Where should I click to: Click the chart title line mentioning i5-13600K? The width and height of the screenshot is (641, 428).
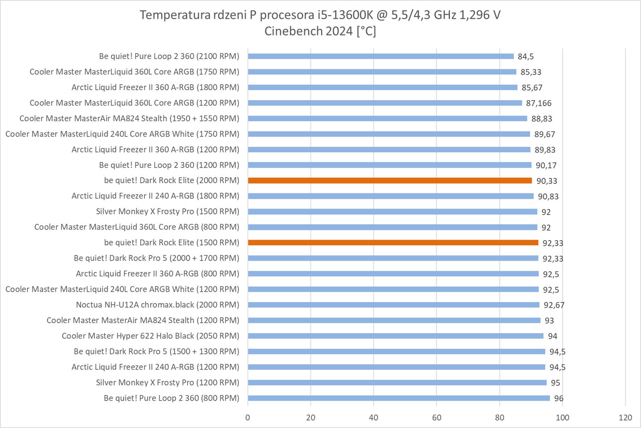(320, 15)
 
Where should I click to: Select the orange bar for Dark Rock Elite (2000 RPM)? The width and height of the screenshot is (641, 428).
(390, 181)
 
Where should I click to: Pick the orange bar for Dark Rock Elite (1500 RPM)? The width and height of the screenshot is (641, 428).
(393, 243)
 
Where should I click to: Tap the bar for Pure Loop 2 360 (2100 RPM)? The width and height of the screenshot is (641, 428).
(380, 56)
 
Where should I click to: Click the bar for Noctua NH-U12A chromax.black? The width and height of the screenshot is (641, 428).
(393, 305)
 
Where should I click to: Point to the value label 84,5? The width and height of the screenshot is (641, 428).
(526, 56)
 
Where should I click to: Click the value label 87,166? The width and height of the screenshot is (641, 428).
(538, 103)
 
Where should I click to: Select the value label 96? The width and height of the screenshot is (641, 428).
(559, 398)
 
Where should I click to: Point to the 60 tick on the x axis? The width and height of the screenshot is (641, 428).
(436, 417)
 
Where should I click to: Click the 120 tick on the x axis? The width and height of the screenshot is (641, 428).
(625, 417)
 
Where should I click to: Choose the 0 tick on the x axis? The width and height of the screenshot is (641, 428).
(248, 417)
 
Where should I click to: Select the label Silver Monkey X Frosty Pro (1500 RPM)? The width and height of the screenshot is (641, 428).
(168, 211)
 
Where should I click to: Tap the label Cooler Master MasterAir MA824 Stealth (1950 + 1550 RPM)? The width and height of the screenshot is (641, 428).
(129, 119)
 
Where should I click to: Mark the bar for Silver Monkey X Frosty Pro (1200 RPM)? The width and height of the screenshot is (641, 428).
(397, 383)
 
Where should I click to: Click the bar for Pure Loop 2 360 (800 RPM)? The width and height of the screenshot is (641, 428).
(399, 398)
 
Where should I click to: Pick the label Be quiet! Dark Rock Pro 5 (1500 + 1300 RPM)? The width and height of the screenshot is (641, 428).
(156, 351)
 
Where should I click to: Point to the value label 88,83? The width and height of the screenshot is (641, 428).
(541, 119)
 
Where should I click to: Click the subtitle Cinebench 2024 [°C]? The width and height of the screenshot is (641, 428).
(320, 31)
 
